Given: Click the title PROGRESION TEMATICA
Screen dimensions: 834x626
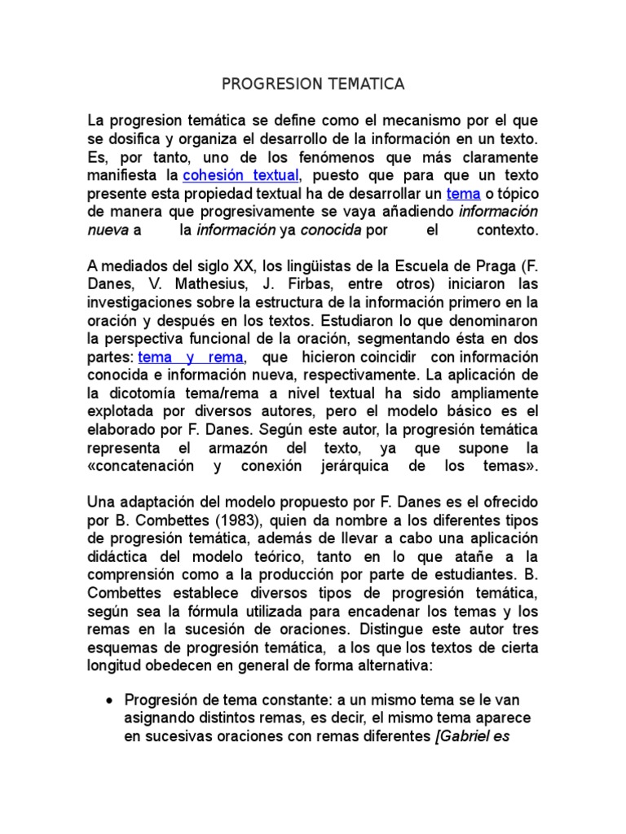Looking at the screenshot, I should (313, 85).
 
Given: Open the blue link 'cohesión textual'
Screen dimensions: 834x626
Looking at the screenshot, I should (241, 175).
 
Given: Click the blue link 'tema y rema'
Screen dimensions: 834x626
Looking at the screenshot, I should (191, 358).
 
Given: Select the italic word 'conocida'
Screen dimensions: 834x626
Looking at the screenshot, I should (330, 230).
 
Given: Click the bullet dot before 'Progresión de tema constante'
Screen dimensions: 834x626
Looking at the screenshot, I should (110, 701).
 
